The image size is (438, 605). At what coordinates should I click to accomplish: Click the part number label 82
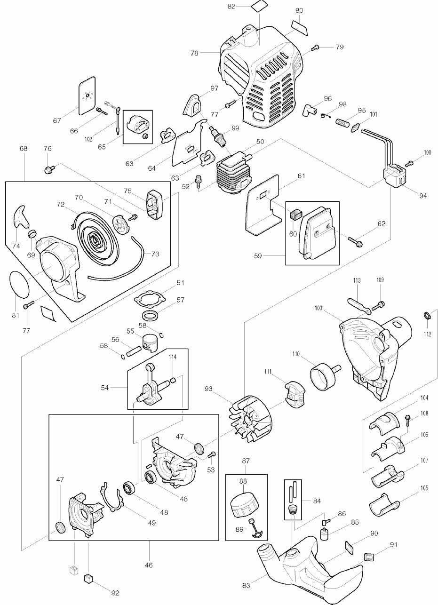coord(231,6)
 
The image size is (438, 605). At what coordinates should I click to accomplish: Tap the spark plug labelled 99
coord(220,135)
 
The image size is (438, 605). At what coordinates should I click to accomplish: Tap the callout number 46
coord(149,565)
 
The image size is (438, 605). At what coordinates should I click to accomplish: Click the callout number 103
coord(319,308)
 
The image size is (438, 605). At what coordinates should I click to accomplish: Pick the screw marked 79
coord(316,47)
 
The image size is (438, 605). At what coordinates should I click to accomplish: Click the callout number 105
coord(424,488)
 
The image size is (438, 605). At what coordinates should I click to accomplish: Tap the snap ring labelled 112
coord(427,316)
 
